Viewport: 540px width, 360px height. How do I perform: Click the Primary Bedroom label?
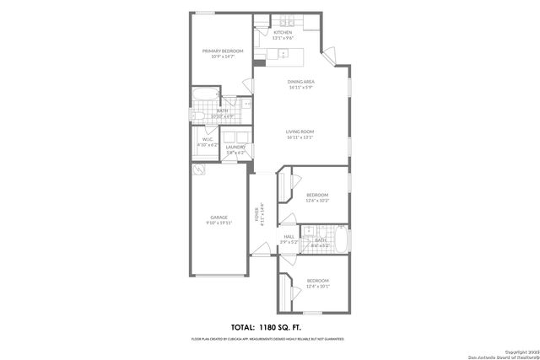[x=223, y=51]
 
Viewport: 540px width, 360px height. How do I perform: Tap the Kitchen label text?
[x=294, y=33]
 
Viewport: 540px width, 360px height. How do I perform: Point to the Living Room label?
[x=300, y=132]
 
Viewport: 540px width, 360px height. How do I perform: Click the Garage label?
[x=219, y=218]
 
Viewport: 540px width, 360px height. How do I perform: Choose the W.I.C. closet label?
[x=208, y=140]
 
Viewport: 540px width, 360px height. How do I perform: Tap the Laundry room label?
[x=235, y=147]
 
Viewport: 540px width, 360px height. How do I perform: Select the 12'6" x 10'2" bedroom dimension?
[x=317, y=201]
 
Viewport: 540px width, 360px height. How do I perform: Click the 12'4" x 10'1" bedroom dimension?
[x=317, y=287]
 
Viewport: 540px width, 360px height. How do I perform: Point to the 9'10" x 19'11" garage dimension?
[x=219, y=223]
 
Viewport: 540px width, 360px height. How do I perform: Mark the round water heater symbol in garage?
[x=198, y=169]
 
